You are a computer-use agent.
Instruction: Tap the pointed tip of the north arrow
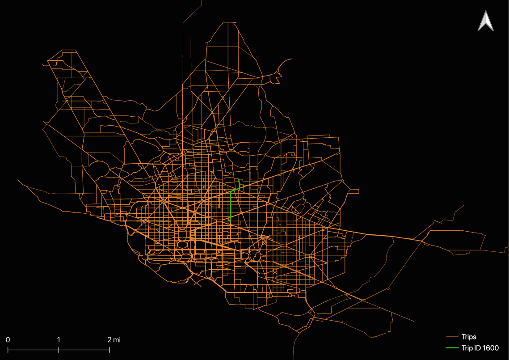[486, 11]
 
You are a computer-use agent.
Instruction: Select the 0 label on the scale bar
[8, 340]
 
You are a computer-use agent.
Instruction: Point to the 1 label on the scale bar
[59, 340]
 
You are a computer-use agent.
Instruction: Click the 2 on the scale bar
[109, 340]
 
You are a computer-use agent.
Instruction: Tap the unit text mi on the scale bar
[117, 340]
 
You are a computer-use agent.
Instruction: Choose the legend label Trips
[469, 337]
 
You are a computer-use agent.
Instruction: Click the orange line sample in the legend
[453, 337]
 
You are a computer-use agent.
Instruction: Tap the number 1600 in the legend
[490, 348]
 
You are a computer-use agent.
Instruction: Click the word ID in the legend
[477, 348]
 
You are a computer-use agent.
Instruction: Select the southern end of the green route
[230, 220]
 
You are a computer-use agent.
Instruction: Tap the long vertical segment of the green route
[230, 206]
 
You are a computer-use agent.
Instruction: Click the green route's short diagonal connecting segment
[235, 190]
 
